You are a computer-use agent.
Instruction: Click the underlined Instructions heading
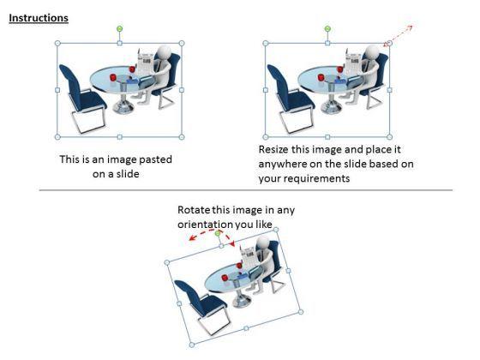pyautogui.click(x=39, y=18)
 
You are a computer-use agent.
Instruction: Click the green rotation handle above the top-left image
pyautogui.click(x=120, y=29)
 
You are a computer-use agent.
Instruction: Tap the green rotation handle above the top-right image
pyautogui.click(x=327, y=29)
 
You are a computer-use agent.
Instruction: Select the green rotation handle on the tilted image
pyautogui.click(x=218, y=234)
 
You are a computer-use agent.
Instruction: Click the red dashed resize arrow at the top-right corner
pyautogui.click(x=398, y=36)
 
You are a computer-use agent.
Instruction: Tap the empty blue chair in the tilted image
pyautogui.click(x=202, y=306)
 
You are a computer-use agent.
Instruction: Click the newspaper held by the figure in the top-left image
pyautogui.click(x=146, y=62)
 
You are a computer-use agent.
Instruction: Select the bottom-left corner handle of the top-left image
pyautogui.click(x=57, y=137)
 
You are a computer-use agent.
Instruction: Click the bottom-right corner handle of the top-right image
pyautogui.click(x=389, y=137)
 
